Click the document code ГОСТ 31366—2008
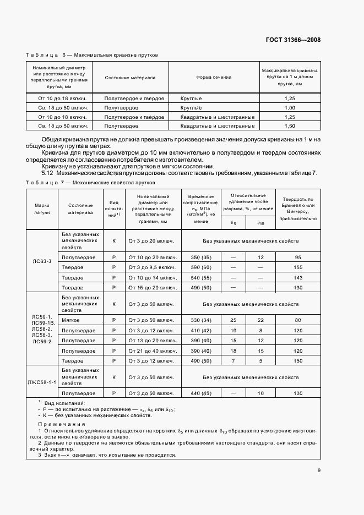[x=294, y=40]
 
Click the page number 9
[x=319, y=470]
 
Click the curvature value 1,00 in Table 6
[x=290, y=107]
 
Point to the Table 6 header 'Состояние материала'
[x=130, y=78]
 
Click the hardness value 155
[x=298, y=267]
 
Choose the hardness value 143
[x=298, y=278]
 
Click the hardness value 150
[x=298, y=361]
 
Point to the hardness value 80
[x=298, y=320]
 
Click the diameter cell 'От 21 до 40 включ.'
[x=151, y=351]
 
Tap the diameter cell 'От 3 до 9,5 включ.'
[x=151, y=267]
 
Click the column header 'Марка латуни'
[x=42, y=208]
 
